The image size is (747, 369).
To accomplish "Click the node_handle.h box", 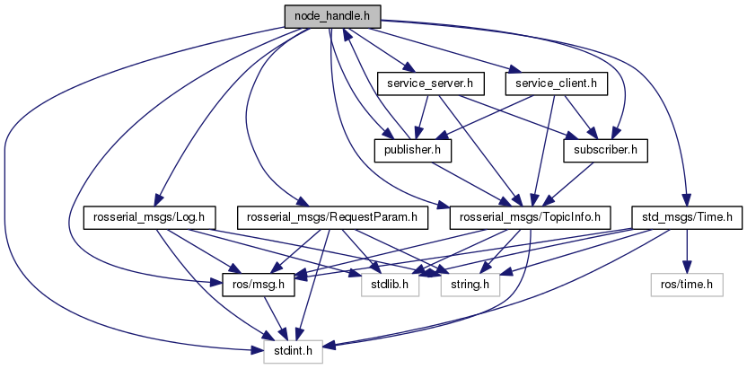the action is click(x=332, y=17).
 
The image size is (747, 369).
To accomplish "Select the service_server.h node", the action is click(x=430, y=84).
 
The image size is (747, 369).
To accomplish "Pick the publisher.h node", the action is click(x=413, y=151).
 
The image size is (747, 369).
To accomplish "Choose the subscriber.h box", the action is click(x=605, y=151).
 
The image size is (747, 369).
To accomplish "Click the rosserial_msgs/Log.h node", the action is click(x=150, y=217).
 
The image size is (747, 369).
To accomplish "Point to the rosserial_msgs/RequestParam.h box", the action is click(x=333, y=217).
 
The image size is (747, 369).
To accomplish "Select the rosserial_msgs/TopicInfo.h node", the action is click(x=531, y=217).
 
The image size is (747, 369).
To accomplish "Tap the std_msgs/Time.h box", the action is click(x=687, y=217).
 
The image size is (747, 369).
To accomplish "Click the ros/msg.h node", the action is click(x=259, y=285).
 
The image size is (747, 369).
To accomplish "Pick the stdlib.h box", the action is click(x=391, y=285).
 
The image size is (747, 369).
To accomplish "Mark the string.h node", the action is click(x=470, y=285).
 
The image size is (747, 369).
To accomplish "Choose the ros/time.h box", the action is click(x=687, y=285).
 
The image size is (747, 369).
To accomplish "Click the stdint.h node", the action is click(x=294, y=351).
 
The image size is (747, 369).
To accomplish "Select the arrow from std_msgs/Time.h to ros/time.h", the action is click(x=687, y=250).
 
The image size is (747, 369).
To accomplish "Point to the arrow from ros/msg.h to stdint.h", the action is click(x=277, y=318).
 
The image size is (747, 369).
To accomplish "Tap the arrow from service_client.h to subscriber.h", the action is click(x=578, y=118).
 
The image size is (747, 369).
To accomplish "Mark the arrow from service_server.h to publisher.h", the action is click(x=422, y=118).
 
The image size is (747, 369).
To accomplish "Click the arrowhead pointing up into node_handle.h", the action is click(x=346, y=34).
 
